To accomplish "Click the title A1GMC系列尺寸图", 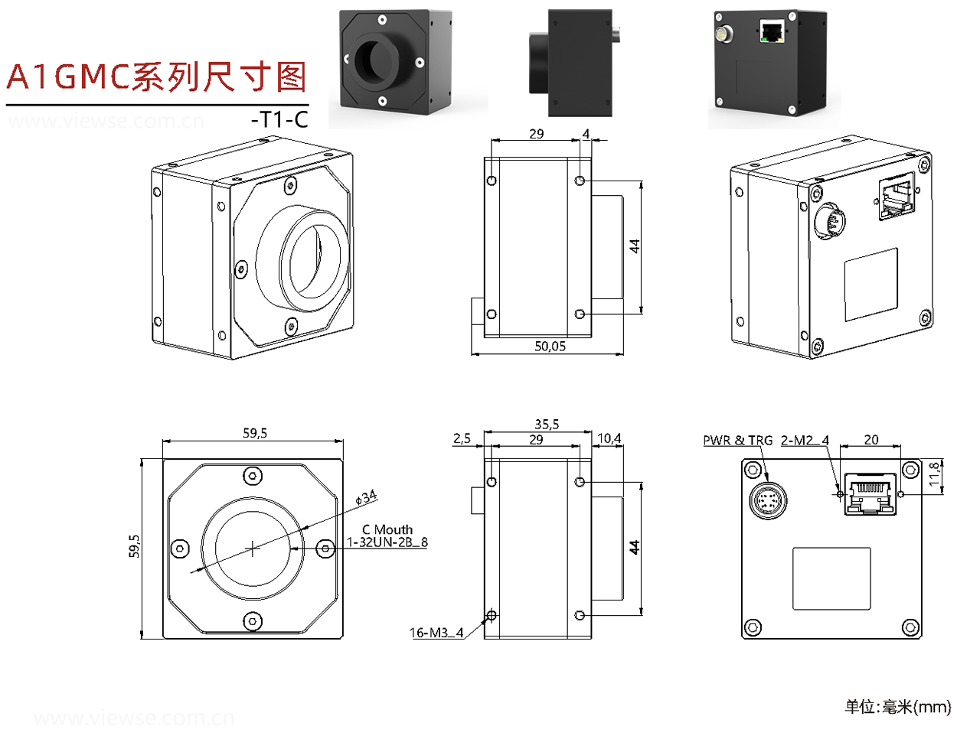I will pyautogui.click(x=156, y=77).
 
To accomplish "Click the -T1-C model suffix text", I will pyautogui.click(x=279, y=119).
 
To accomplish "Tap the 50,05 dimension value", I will pyautogui.click(x=550, y=347).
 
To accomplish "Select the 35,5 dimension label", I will pyautogui.click(x=547, y=424).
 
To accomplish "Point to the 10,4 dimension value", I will pyautogui.click(x=609, y=438).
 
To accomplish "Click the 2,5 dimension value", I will pyautogui.click(x=462, y=438).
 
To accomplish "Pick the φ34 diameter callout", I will pyautogui.click(x=367, y=498).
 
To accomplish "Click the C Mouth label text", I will pyautogui.click(x=387, y=529).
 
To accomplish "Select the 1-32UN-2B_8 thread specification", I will pyautogui.click(x=387, y=542).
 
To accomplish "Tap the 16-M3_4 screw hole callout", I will pyautogui.click(x=436, y=633).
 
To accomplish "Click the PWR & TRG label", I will pyautogui.click(x=737, y=441).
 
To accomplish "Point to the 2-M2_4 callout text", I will pyautogui.click(x=805, y=441).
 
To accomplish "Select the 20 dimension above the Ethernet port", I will pyautogui.click(x=871, y=440).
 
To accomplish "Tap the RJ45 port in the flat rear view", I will pyautogui.click(x=871, y=493).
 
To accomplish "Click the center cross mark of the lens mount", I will pyautogui.click(x=253, y=548).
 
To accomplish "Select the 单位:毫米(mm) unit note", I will pyautogui.click(x=897, y=707).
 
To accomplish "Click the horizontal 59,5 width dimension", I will pyautogui.click(x=255, y=433).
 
